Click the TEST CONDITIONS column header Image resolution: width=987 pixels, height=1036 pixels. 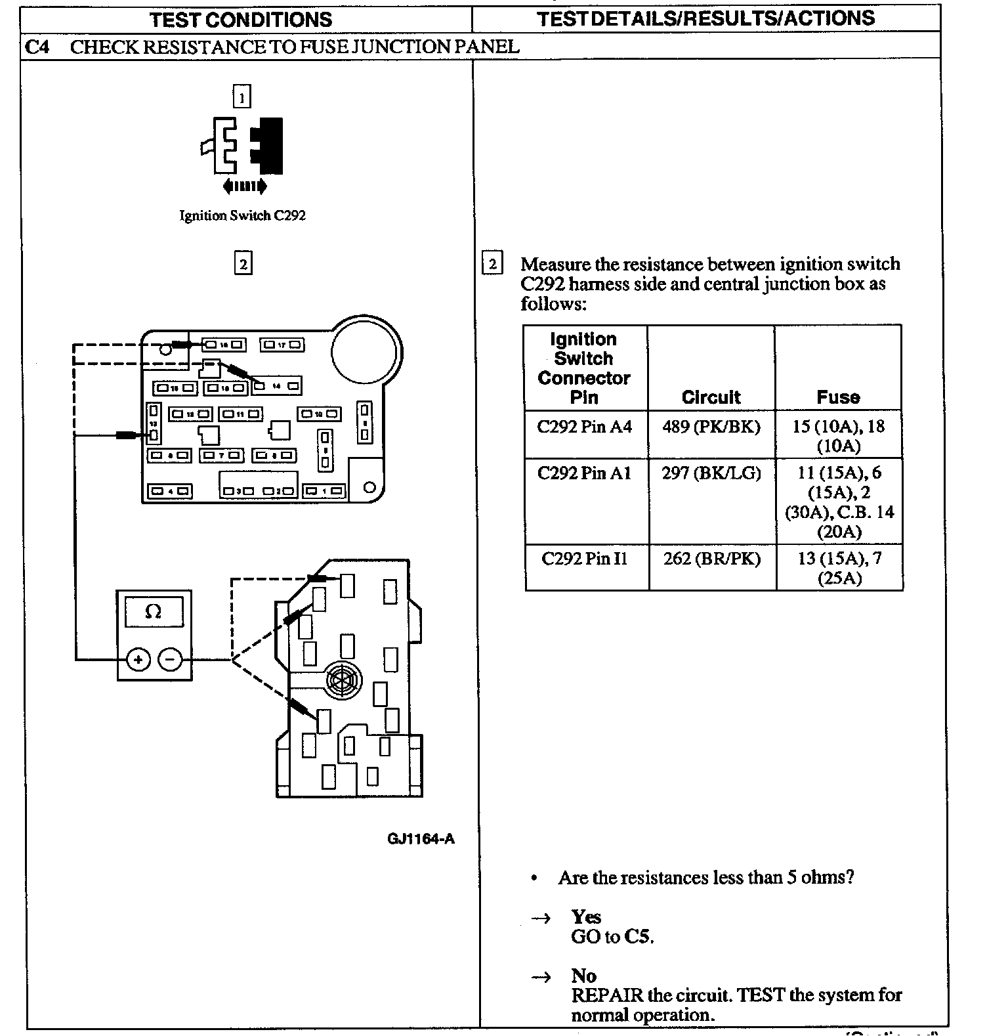(x=241, y=19)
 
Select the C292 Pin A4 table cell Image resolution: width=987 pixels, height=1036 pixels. (x=584, y=427)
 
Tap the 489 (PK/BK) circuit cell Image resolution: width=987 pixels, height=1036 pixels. (x=711, y=427)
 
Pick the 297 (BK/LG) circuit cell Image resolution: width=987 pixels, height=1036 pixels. (x=711, y=473)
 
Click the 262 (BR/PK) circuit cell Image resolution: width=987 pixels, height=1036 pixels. (x=711, y=559)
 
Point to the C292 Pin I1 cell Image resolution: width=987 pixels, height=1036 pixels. (x=584, y=559)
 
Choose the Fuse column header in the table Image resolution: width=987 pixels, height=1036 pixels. (x=838, y=397)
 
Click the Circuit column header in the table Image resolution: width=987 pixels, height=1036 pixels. (x=711, y=397)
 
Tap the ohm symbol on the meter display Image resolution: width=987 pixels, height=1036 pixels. (x=153, y=612)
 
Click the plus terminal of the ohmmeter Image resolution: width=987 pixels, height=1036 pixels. (x=138, y=659)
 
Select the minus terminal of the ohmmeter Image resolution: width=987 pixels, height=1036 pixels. (x=171, y=659)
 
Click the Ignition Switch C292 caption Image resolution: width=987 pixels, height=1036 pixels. (x=242, y=215)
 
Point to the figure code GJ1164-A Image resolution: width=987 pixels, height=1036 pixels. (x=421, y=838)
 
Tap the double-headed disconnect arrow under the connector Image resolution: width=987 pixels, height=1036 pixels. (x=245, y=187)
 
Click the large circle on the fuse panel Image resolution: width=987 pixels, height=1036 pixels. (x=365, y=351)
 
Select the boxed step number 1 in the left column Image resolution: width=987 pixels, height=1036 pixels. (x=242, y=97)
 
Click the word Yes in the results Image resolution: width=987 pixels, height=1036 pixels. (x=586, y=917)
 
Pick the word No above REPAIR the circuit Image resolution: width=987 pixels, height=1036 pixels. (x=583, y=976)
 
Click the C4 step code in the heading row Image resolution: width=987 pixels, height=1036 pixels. (x=37, y=47)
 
